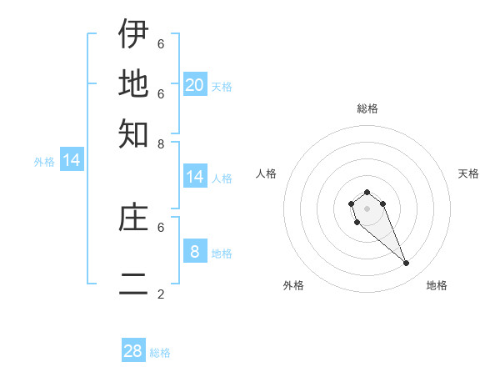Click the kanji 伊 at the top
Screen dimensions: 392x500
(x=133, y=34)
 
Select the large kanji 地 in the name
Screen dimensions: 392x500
(x=133, y=83)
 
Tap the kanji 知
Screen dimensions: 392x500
(x=133, y=133)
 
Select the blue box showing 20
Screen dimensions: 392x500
(x=194, y=84)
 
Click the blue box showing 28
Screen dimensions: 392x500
(x=133, y=351)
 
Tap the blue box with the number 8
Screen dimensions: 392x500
(x=194, y=251)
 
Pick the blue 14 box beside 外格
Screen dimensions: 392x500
(x=72, y=160)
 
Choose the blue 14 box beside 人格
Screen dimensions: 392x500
(x=194, y=176)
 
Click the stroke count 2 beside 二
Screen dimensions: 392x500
(x=161, y=294)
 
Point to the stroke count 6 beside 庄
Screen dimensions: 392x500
(x=161, y=226)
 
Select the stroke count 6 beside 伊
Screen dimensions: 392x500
(x=161, y=43)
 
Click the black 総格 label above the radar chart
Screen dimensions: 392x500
(x=367, y=108)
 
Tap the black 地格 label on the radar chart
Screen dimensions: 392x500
(x=437, y=285)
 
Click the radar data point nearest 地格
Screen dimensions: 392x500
(x=406, y=264)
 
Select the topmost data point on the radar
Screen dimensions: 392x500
(x=367, y=193)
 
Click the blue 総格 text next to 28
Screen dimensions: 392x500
(x=160, y=353)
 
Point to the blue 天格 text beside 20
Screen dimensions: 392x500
(x=222, y=87)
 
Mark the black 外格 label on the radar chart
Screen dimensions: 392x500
(x=293, y=285)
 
